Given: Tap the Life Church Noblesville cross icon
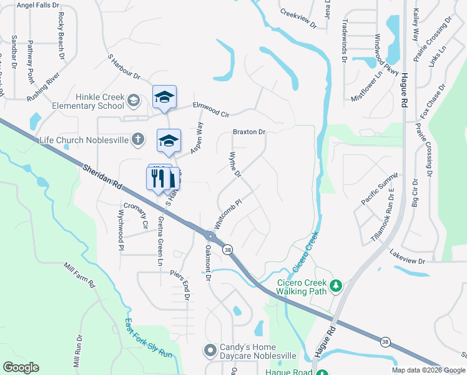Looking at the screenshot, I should pyautogui.click(x=139, y=139).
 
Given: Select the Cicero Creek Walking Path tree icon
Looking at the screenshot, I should pyautogui.click(x=337, y=286).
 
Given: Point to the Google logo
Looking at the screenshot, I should pyautogui.click(x=21, y=367).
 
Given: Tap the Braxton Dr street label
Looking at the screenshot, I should pyautogui.click(x=249, y=132).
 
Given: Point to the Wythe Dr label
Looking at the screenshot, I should pyautogui.click(x=235, y=164).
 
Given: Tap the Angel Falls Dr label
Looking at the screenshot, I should pyautogui.click(x=36, y=5).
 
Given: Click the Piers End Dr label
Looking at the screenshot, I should pyautogui.click(x=184, y=286).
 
